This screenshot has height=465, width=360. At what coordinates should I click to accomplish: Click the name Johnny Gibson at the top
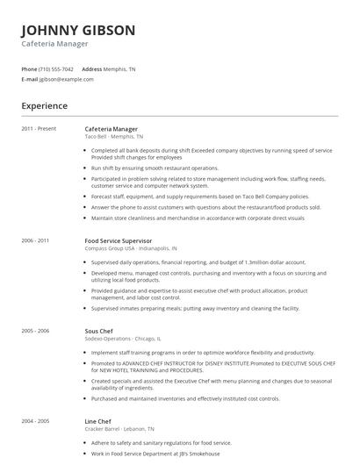click(x=78, y=31)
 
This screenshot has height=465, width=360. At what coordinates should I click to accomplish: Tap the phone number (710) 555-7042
click(x=57, y=68)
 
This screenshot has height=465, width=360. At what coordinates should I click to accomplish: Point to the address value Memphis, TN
click(x=120, y=68)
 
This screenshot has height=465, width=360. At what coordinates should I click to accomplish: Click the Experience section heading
click(x=45, y=105)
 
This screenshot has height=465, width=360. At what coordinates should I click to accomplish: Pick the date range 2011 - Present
click(x=40, y=129)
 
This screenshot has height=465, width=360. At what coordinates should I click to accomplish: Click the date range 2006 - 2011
click(x=36, y=240)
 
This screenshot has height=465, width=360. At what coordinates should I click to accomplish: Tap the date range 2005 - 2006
click(x=36, y=331)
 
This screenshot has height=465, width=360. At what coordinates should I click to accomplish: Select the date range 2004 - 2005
click(x=36, y=421)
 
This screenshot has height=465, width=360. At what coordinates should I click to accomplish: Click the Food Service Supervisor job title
click(x=118, y=240)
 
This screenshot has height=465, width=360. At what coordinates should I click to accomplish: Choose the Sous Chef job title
click(x=98, y=331)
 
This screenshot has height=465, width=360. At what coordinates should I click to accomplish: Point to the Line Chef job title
click(x=98, y=421)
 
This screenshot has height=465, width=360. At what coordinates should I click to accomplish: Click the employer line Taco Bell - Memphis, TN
click(x=113, y=137)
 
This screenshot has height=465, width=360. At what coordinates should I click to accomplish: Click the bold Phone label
click(x=30, y=68)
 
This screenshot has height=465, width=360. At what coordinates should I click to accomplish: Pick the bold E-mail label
click(x=30, y=79)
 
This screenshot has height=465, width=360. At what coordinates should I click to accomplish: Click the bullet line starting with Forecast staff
click(x=199, y=197)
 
